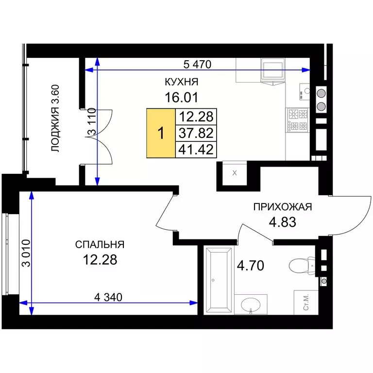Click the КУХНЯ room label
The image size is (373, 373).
[181, 82]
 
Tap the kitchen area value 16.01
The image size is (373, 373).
[181, 98]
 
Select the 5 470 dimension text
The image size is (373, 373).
[197, 64]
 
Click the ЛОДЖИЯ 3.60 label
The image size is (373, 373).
[55, 118]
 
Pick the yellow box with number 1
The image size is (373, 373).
[161, 133]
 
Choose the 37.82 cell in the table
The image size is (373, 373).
[196, 133]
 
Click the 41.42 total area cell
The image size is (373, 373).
[196, 150]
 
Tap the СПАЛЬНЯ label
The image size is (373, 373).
[100, 245]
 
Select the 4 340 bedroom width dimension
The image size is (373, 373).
[108, 297]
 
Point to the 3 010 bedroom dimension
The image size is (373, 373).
[26, 253]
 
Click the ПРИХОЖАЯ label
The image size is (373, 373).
[282, 207]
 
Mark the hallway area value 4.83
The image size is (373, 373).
[282, 222]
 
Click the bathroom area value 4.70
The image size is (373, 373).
[251, 266]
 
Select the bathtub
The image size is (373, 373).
[219, 280]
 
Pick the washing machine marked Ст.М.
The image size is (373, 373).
[306, 302]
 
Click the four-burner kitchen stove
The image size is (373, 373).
[298, 120]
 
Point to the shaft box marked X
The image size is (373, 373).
[235, 173]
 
